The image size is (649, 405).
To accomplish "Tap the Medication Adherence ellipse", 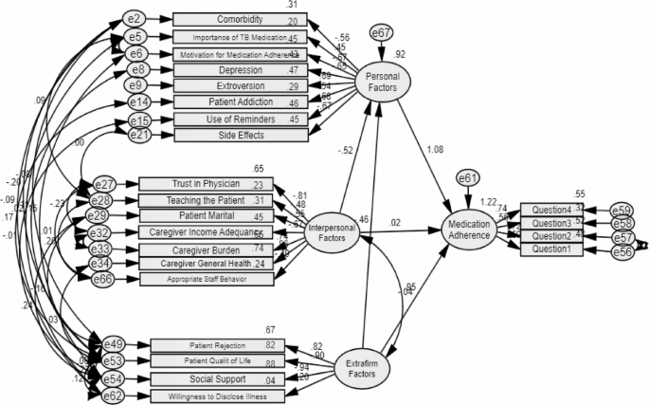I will click(x=471, y=226).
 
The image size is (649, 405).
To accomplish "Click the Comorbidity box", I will click(x=240, y=20).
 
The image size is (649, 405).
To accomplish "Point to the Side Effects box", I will click(x=240, y=136).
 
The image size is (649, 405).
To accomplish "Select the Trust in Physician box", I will click(x=207, y=183).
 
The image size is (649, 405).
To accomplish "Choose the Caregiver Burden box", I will click(x=207, y=249).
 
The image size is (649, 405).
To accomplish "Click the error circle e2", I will click(x=136, y=20).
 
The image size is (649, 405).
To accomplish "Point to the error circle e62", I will click(x=112, y=394).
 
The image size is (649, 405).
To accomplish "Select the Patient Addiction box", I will click(x=240, y=101).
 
